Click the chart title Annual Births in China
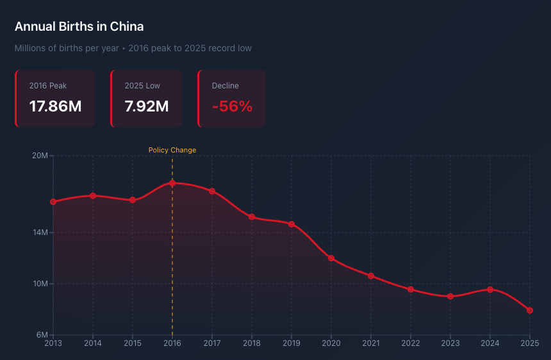[x=79, y=27]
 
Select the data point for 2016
[x=172, y=183]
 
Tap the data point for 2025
[x=530, y=311]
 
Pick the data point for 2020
[x=331, y=258]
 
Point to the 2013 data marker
[x=53, y=202]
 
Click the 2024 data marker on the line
[x=490, y=290]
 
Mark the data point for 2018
[x=252, y=217]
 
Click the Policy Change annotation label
[x=172, y=150]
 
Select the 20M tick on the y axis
[x=40, y=156]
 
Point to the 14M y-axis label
[x=40, y=233]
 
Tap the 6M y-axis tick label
[x=42, y=335]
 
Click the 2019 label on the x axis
[x=292, y=343]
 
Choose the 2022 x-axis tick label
[x=411, y=343]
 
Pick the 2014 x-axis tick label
[x=93, y=343]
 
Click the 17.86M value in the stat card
[x=55, y=106]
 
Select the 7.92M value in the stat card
[x=147, y=106]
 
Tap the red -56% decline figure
[x=233, y=106]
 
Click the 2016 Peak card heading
[x=48, y=86]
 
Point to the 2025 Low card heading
[x=142, y=86]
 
